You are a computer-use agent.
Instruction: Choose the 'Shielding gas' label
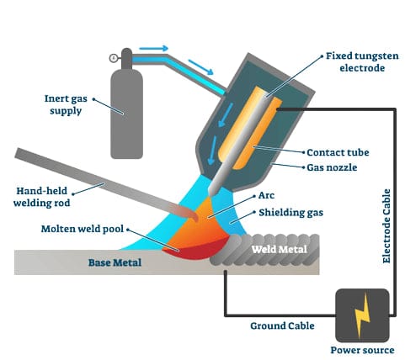coord(291,213)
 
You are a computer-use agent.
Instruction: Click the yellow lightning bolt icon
coord(361,314)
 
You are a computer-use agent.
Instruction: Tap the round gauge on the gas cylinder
coord(113,57)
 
